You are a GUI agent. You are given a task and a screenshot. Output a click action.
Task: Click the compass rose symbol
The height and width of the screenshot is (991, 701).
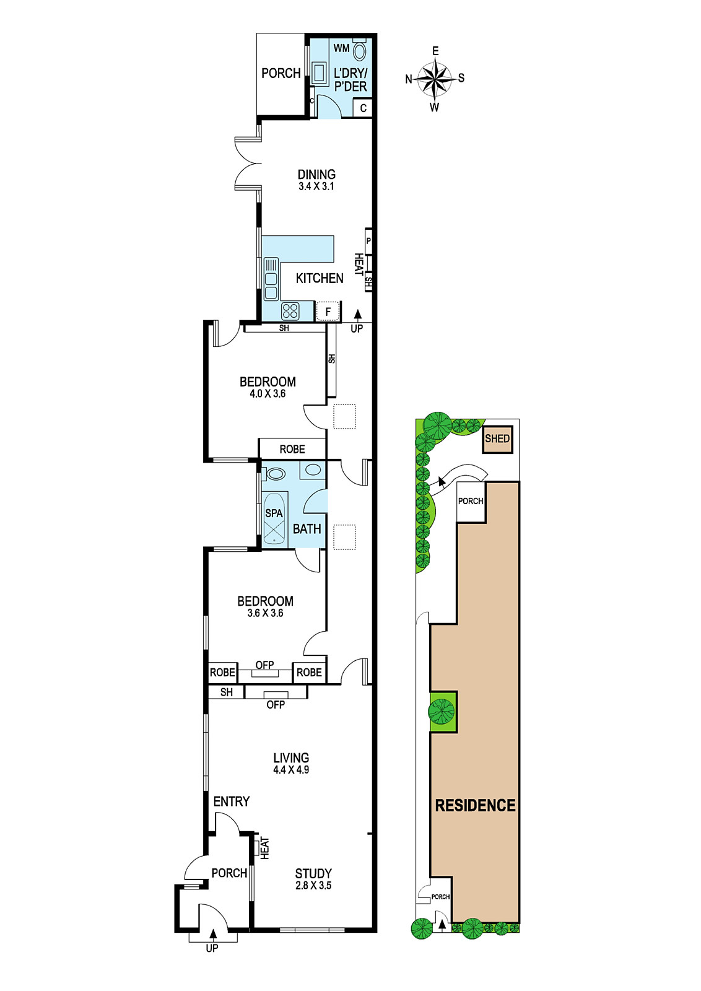[435, 79]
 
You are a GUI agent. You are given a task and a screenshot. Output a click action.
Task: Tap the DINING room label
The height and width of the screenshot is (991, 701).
[316, 174]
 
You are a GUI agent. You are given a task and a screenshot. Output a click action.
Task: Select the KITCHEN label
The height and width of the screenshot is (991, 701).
[320, 278]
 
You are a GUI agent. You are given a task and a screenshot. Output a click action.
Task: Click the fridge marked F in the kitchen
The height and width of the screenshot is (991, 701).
[328, 312]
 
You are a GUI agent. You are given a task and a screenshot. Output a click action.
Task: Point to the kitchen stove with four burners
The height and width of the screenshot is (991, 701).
[290, 310]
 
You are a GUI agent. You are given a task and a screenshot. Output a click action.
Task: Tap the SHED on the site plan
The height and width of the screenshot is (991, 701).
[497, 439]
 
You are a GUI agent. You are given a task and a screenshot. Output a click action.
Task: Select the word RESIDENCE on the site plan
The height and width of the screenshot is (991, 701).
[476, 805]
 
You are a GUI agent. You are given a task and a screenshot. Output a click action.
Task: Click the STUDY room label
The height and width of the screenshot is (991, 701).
[313, 873]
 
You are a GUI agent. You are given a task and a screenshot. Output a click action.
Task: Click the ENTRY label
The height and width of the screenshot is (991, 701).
[232, 801]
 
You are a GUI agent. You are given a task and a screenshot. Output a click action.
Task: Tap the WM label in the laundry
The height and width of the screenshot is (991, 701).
[341, 48]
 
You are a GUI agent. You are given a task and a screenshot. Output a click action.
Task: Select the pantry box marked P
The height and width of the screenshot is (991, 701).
[368, 242]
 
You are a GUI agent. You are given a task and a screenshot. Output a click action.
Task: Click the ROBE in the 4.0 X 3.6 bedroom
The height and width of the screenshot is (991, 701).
[292, 449]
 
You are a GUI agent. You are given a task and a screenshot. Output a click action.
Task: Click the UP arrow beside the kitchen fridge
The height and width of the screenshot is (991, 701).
[357, 315]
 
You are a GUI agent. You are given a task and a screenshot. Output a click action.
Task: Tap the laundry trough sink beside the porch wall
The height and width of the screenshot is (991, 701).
[318, 72]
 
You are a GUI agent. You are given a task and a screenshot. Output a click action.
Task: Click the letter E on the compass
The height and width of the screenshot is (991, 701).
[435, 51]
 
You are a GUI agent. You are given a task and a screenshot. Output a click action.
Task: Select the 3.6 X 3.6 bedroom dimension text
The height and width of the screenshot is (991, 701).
[266, 613]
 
